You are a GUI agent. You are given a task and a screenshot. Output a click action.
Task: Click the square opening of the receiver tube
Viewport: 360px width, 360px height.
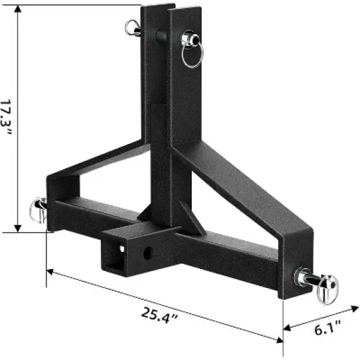point(114,257)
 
